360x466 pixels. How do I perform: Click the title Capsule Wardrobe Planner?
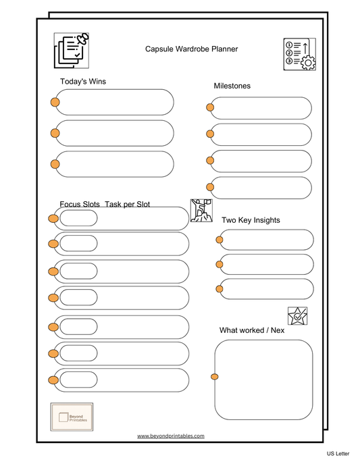191,49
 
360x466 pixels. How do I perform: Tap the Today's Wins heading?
82,82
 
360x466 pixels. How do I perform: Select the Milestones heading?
232,86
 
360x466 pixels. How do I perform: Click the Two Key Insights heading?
251,220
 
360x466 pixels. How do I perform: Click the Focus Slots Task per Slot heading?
105,204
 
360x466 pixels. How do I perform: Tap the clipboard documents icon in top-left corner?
72,50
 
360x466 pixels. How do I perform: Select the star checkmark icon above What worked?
297,315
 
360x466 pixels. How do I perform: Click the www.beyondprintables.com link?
170,436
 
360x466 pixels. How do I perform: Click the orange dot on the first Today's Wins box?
55,102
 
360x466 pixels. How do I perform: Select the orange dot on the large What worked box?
215,376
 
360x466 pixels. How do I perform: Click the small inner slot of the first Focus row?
78,218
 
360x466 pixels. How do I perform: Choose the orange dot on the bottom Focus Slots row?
53,380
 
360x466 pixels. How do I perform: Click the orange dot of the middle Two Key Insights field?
220,264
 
